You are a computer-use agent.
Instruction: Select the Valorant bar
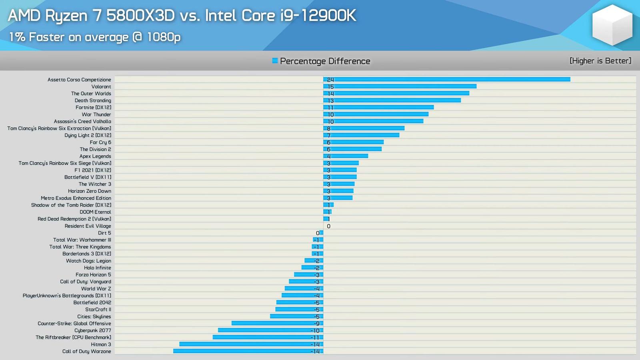pyautogui.click(x=400, y=86)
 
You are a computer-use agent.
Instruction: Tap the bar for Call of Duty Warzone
pyautogui.click(x=248, y=351)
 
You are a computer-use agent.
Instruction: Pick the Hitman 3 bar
pyautogui.click(x=251, y=344)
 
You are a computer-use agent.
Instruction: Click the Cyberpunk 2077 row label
pyautogui.click(x=93, y=330)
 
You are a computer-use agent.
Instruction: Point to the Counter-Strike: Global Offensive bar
pyautogui.click(x=277, y=323)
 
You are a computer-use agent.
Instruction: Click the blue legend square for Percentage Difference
pyautogui.click(x=275, y=61)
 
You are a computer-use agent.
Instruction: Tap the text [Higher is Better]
pyautogui.click(x=600, y=61)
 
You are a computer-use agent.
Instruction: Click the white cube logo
pyautogui.click(x=612, y=25)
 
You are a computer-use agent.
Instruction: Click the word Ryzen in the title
pyautogui.click(x=66, y=16)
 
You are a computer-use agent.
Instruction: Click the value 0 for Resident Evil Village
pyautogui.click(x=329, y=226)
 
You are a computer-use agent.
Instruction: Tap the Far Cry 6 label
pyautogui.click(x=100, y=142)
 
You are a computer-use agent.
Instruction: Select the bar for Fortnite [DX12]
pyautogui.click(x=378, y=107)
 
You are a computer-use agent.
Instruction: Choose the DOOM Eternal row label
pyautogui.click(x=95, y=212)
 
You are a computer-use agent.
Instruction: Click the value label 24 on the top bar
pyautogui.click(x=330, y=80)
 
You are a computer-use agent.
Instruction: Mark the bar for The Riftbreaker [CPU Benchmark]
pyautogui.click(x=268, y=337)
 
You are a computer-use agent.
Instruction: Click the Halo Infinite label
pyautogui.click(x=98, y=268)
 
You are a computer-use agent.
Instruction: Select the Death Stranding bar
pyautogui.click(x=392, y=100)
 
